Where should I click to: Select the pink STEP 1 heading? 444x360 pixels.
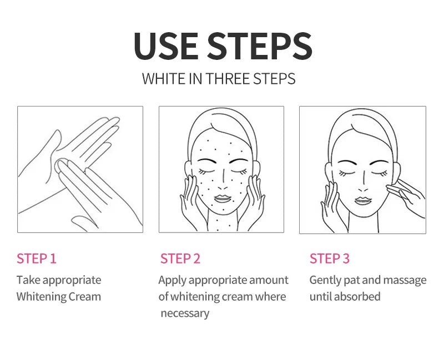37,258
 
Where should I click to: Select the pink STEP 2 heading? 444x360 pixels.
180,258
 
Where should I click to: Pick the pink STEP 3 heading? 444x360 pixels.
330,258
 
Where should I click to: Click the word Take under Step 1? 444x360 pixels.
29,280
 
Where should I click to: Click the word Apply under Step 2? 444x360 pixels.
173,281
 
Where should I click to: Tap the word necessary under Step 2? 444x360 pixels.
185,313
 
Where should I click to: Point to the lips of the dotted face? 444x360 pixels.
223,199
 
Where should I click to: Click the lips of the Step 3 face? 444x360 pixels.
364,200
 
